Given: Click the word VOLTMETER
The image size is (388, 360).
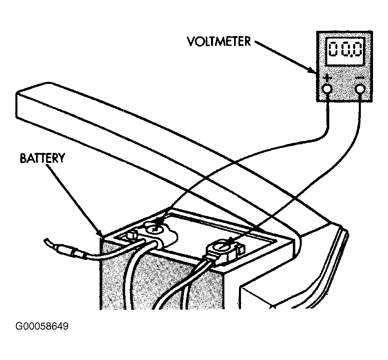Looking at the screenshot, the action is (219, 42).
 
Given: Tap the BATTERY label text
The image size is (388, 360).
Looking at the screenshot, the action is (42, 158).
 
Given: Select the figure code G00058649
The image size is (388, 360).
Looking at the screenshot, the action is (42, 326).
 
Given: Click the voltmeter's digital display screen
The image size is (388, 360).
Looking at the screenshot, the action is (345, 51).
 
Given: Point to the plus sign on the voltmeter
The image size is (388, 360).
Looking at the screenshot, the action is (327, 78).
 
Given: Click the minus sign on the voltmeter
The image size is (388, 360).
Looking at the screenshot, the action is (359, 78).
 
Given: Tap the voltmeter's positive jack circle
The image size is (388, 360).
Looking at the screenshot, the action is (327, 88).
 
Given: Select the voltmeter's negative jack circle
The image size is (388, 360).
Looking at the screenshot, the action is (360, 89).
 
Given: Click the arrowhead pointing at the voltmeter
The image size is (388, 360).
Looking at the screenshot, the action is (312, 70).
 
